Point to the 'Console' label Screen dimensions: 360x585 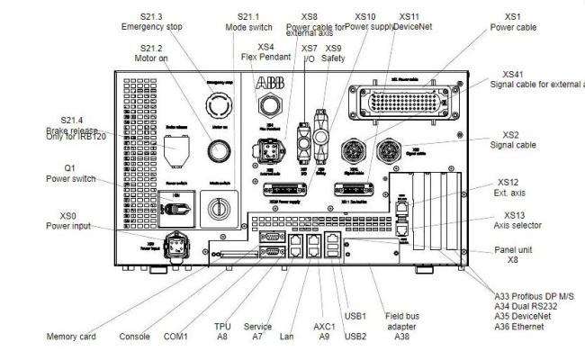pyautogui.click(x=136, y=337)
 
